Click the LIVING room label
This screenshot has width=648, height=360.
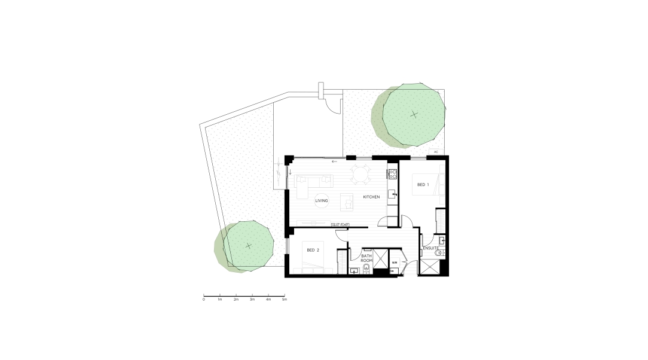322,201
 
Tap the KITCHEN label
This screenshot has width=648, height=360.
371,197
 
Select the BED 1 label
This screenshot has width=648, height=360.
423,185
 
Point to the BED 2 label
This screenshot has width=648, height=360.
313,250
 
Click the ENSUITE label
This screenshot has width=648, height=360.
430,248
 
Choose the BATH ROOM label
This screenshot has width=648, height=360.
366,258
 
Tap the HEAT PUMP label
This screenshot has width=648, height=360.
340,225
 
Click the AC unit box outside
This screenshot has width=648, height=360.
436,152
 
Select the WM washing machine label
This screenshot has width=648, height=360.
395,263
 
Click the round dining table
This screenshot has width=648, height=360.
361,173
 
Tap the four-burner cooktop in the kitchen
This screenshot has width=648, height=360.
392,174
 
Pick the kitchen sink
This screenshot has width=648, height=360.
392,193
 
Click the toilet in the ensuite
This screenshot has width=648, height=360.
439,253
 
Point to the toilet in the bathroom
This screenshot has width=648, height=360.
366,269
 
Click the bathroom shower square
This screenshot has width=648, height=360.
381,258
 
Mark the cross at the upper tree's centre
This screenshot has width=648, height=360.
414,114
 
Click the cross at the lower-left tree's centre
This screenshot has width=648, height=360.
248,246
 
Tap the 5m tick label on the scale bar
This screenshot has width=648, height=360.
285,299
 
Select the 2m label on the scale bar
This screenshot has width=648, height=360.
236,299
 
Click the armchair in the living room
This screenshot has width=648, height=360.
347,202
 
